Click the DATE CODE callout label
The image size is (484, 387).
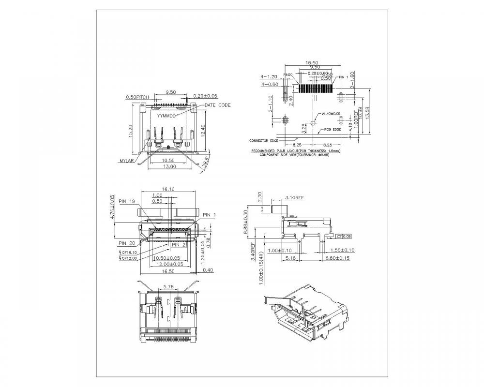point(217,105)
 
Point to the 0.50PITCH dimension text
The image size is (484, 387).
point(137,97)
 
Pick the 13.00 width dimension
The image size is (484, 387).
point(168,167)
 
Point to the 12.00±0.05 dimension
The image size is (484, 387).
point(167,264)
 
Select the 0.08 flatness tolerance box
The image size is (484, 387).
point(344,236)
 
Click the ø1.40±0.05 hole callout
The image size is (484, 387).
point(331,113)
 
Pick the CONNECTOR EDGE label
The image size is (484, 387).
point(264,141)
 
